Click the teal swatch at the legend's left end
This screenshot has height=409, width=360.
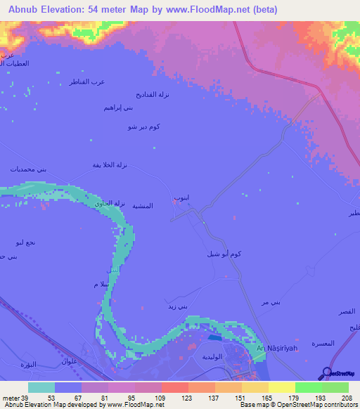click(41, 387)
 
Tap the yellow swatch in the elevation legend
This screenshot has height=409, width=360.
click(281, 387)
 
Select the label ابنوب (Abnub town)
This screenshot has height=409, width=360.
click(181, 199)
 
